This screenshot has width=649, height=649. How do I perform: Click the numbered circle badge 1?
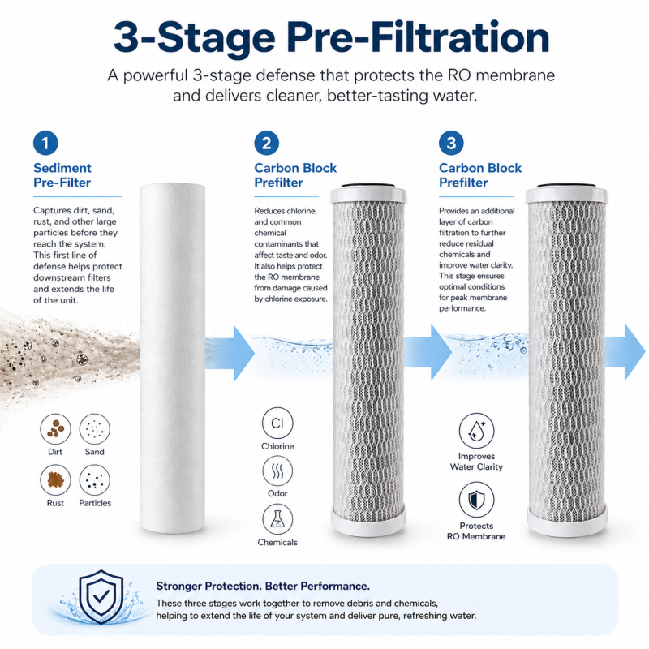[x=45, y=144]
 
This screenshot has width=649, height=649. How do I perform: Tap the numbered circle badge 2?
[x=267, y=144]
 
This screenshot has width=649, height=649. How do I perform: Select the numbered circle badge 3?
[x=451, y=144]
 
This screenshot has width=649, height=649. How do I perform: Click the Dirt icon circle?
[x=55, y=429]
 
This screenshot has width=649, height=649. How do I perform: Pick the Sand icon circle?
[x=95, y=429]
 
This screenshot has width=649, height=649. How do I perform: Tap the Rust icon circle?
[x=55, y=480]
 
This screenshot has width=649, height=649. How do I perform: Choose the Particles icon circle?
[x=95, y=480]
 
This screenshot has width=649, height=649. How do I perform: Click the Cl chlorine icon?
[x=277, y=423]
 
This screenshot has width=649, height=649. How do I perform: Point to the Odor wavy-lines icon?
[x=277, y=471]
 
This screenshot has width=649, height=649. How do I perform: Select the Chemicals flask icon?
[x=277, y=519]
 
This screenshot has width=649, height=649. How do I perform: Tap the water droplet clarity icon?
[x=476, y=431]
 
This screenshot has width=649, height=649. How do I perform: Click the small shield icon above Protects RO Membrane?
[x=476, y=500]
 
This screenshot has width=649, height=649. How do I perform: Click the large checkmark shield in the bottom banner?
[x=101, y=597]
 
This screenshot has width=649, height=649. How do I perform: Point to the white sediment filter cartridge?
[x=173, y=359]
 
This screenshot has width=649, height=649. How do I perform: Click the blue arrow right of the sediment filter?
[x=230, y=353]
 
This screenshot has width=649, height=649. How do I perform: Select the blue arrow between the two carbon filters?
[x=428, y=352]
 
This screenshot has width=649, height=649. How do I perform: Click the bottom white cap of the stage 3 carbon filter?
[x=567, y=522]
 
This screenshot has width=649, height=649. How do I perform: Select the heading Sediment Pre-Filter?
[x=62, y=175]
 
